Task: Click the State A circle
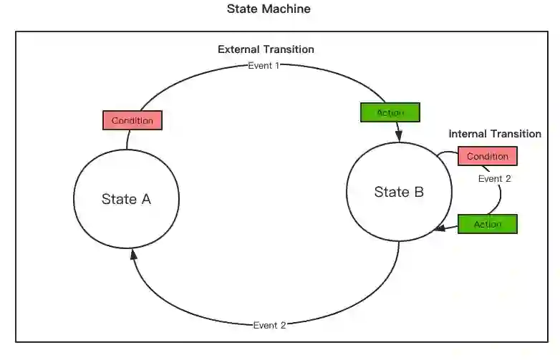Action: pyautogui.click(x=126, y=199)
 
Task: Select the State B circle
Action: pyautogui.click(x=399, y=192)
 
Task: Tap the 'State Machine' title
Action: pyautogui.click(x=269, y=9)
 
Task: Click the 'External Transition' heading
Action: pyautogui.click(x=266, y=49)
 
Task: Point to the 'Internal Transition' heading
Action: pyautogui.click(x=495, y=134)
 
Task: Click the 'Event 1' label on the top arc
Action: pyautogui.click(x=263, y=66)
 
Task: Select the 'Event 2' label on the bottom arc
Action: pyautogui.click(x=270, y=326)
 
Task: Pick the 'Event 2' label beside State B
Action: pyautogui.click(x=494, y=179)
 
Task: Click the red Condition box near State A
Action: pyautogui.click(x=132, y=120)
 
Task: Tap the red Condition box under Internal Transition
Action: pyautogui.click(x=488, y=156)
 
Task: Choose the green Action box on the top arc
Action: pyautogui.click(x=390, y=112)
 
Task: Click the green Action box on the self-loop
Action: pyautogui.click(x=487, y=224)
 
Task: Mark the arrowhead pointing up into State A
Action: pyautogui.click(x=132, y=255)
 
